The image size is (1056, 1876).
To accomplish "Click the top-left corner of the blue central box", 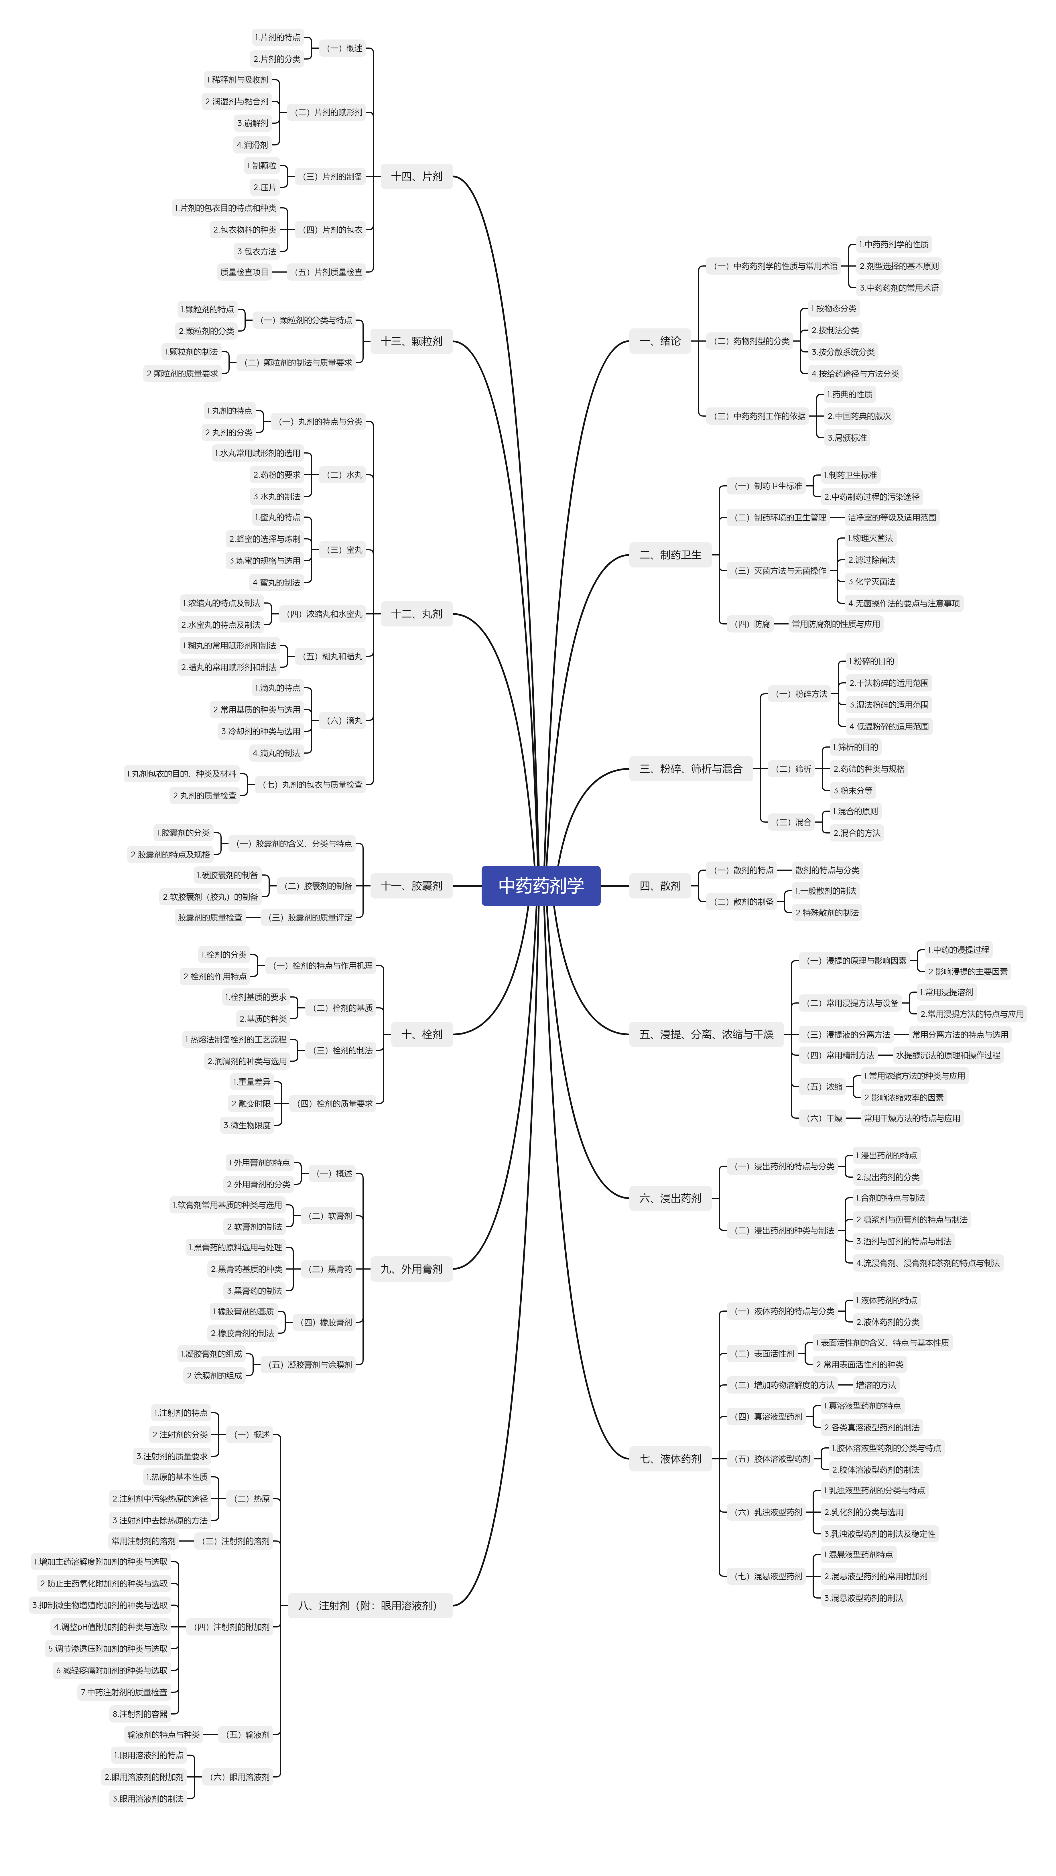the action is (482, 866).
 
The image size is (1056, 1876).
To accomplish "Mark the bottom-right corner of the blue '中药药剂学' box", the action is (600, 905).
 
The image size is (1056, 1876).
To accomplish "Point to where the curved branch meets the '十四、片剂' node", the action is (453, 176).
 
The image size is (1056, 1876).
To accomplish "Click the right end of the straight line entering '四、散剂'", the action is (629, 886).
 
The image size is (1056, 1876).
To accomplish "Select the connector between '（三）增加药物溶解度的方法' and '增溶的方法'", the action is (845, 1385).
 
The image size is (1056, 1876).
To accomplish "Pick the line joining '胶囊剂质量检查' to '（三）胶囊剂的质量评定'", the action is (253, 918).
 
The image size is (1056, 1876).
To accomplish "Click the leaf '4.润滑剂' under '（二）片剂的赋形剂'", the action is (252, 145).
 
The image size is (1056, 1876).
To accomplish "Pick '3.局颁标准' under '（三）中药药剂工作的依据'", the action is (847, 438).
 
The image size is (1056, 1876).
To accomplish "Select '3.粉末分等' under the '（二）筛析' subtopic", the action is (853, 790).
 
